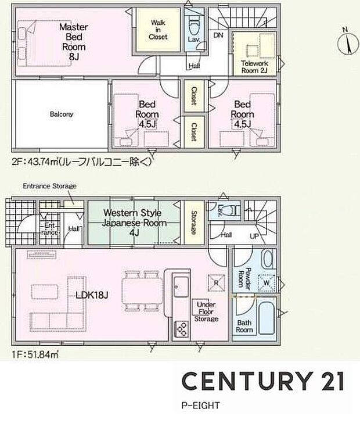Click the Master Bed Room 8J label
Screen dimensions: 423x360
pos(74,41)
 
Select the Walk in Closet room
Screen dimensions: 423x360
pos(159,30)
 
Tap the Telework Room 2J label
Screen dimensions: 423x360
pos(254,67)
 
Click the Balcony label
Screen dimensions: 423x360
pos(61,114)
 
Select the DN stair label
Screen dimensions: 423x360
pos(218,35)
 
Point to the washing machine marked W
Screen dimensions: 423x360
pos(267,283)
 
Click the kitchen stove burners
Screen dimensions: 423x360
pos(181,329)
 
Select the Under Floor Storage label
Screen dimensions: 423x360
pos(207,312)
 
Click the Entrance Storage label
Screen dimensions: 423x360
pos(49,186)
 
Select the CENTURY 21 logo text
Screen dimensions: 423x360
pos(262,381)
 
